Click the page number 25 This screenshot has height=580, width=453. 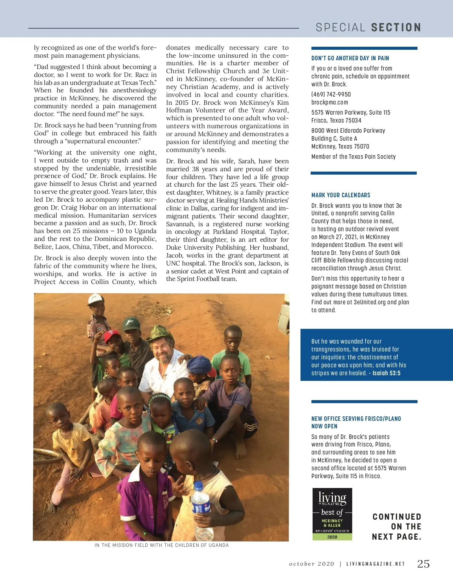click(423, 564)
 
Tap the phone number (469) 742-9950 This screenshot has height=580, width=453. click(331, 94)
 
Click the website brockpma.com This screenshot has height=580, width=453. click(330, 102)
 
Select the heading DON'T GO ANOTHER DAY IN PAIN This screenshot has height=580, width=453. click(350, 58)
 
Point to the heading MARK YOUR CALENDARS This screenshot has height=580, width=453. click(341, 195)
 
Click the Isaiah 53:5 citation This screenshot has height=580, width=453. click(386, 373)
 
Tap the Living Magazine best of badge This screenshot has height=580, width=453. click(332, 514)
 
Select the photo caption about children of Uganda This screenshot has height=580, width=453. click(162, 545)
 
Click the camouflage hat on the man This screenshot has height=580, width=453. click(160, 333)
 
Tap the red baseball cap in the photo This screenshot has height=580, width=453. click(112, 335)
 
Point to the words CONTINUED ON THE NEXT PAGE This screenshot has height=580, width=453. click(396, 526)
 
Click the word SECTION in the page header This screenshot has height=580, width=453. click(396, 28)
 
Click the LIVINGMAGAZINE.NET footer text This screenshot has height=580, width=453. click(376, 564)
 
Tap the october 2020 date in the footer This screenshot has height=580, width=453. click(311, 564)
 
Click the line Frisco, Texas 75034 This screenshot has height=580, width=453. click(336, 120)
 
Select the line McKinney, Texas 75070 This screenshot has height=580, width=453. click(340, 146)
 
